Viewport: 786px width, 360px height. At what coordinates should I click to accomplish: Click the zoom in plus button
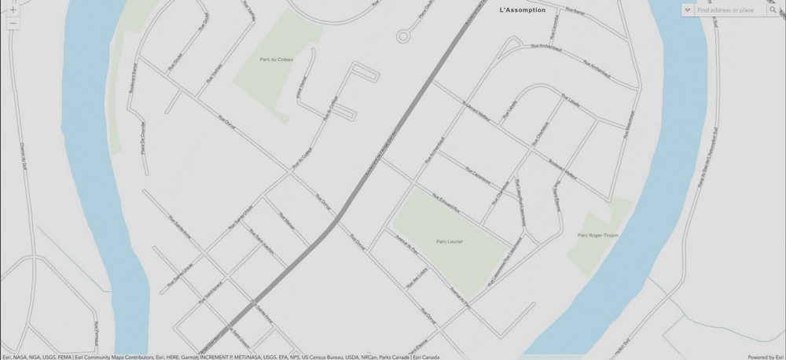pos(13,10)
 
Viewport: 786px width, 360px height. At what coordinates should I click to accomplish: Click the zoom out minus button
pos(13,24)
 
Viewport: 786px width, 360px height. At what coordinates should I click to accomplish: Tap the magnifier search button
pos(773,10)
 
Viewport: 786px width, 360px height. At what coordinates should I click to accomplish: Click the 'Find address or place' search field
pos(727,10)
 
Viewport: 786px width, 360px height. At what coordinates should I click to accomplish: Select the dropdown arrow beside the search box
pos(688,10)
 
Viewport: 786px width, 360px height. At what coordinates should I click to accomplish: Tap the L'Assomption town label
pos(522,10)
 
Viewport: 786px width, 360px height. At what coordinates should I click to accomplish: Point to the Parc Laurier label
pos(450,241)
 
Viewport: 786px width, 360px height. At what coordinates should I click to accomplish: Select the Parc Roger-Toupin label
pos(597,235)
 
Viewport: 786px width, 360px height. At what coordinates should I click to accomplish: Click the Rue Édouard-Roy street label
pos(445,207)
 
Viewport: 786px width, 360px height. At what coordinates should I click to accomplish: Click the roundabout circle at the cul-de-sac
pos(404,36)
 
